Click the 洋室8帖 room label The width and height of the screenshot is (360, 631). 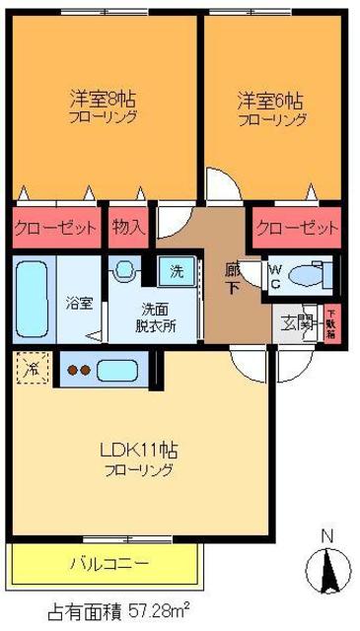[x=103, y=100]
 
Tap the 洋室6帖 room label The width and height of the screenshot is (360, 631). [x=270, y=100]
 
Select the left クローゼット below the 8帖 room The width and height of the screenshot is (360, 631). [x=56, y=227]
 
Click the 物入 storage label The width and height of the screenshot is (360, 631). [x=128, y=227]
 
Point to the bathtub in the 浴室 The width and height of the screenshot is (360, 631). [x=33, y=299]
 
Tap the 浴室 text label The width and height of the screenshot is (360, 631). [x=79, y=304]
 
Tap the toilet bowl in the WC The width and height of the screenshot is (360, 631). [x=312, y=273]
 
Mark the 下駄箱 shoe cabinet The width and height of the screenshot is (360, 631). [x=330, y=323]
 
